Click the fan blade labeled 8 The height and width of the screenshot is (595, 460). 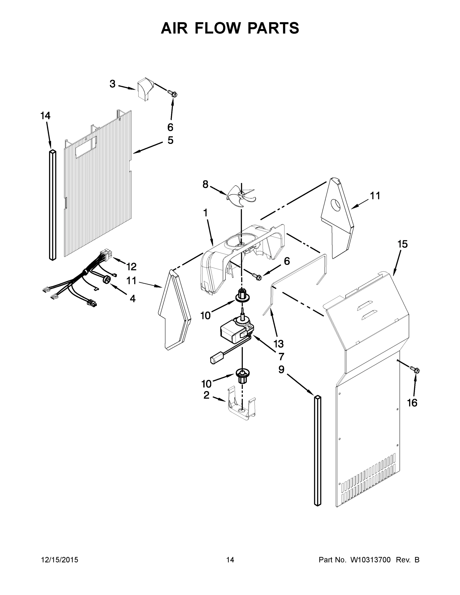click(241, 196)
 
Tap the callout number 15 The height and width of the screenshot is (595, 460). click(402, 244)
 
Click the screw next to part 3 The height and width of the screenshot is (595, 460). click(174, 94)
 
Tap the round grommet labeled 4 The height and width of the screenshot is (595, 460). click(107, 279)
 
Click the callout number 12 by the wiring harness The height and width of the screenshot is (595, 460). click(131, 267)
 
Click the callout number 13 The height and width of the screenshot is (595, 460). click(278, 344)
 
